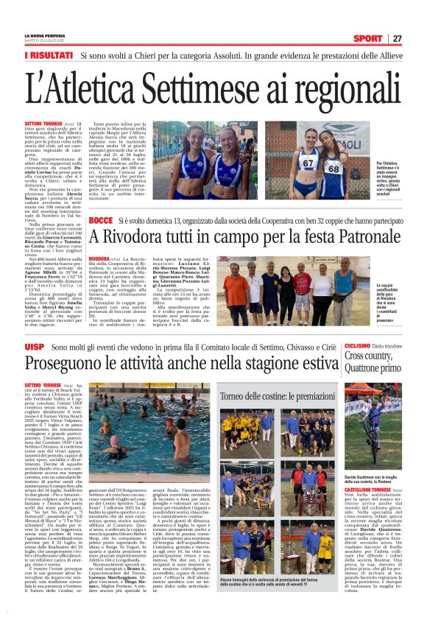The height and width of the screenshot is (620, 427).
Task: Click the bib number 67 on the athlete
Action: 309,163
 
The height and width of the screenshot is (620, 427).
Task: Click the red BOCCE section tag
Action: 100,221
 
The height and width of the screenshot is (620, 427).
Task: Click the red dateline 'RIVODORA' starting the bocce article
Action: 99,259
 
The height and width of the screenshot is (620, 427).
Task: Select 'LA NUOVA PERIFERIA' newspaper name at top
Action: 43,36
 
